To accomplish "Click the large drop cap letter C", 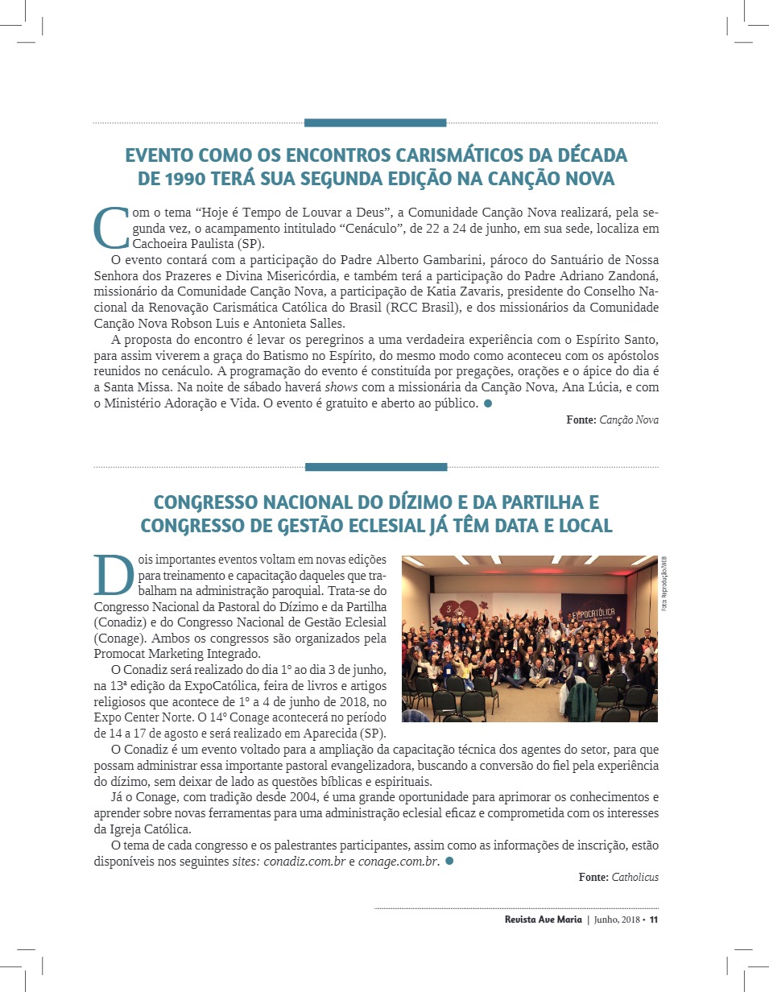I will pos(111,228).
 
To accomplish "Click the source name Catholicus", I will pos(635,877).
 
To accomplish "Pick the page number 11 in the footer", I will pos(654,920).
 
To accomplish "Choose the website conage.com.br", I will pos(398,862).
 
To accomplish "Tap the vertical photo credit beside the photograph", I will pos(664,584).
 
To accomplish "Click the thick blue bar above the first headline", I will pos(375,123).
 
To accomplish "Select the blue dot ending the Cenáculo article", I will pos(487,403).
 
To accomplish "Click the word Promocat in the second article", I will pos(118,653).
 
